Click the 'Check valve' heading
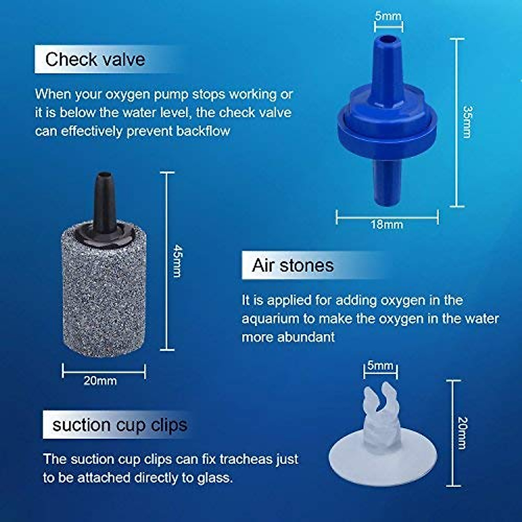click(95, 59)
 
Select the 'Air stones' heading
click(293, 265)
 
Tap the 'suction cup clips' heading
click(120, 425)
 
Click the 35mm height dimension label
click(467, 122)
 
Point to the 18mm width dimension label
click(387, 225)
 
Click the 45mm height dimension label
click(177, 261)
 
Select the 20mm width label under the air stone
click(100, 381)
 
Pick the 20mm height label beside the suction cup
click(462, 433)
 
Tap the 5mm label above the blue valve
click(388, 17)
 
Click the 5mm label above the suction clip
click(380, 365)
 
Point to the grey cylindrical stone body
click(104, 296)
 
